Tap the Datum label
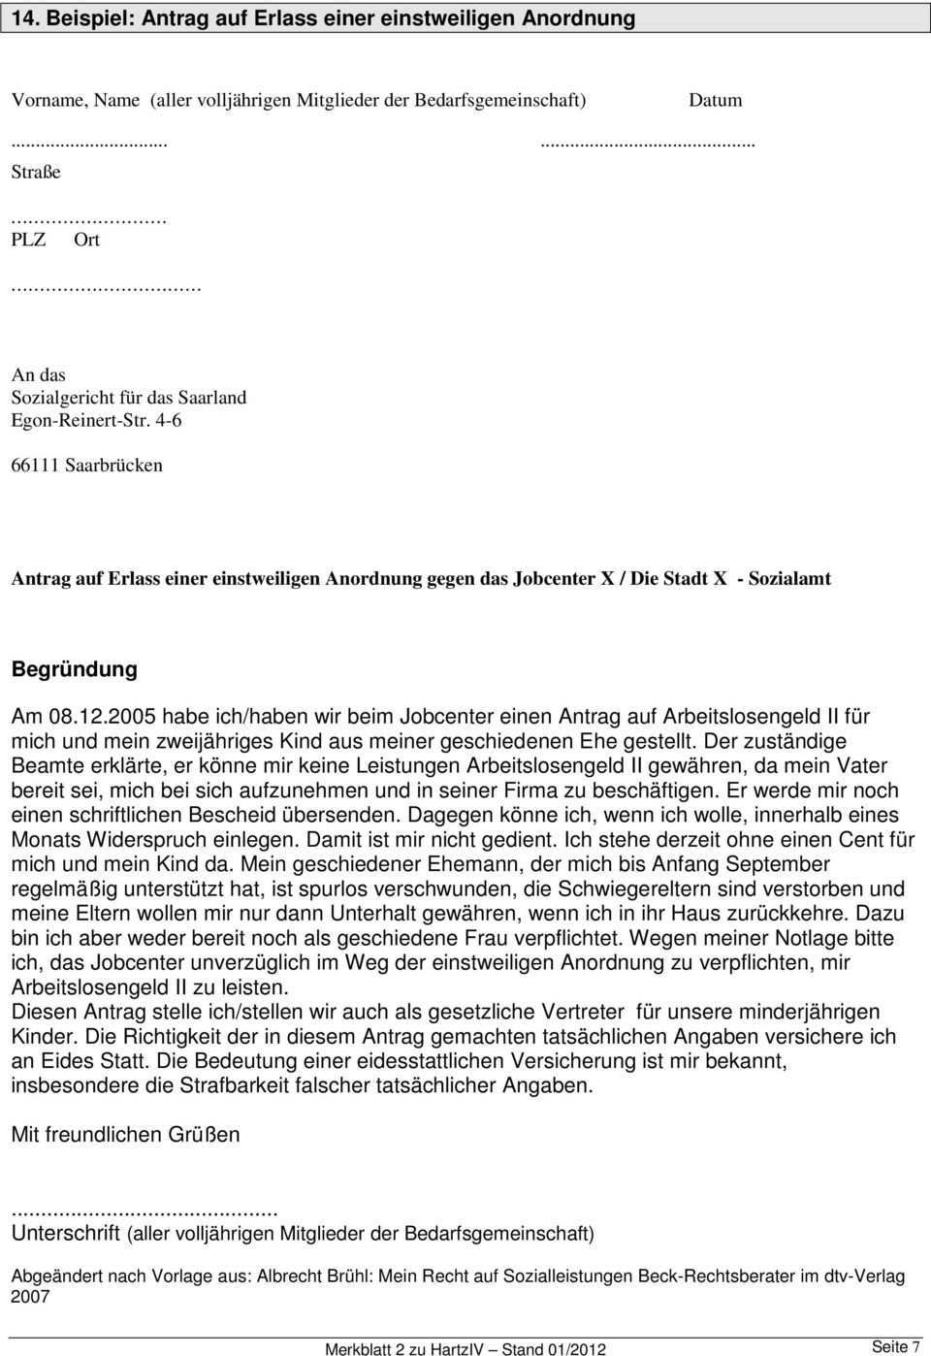point(716,100)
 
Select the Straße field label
point(36,172)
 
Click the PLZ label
point(28,240)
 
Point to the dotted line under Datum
point(647,143)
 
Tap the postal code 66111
point(33,465)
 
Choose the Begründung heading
point(75,669)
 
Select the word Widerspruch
point(153,840)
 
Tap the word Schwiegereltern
point(634,888)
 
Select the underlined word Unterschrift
point(66,1233)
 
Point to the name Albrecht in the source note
point(291,1276)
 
